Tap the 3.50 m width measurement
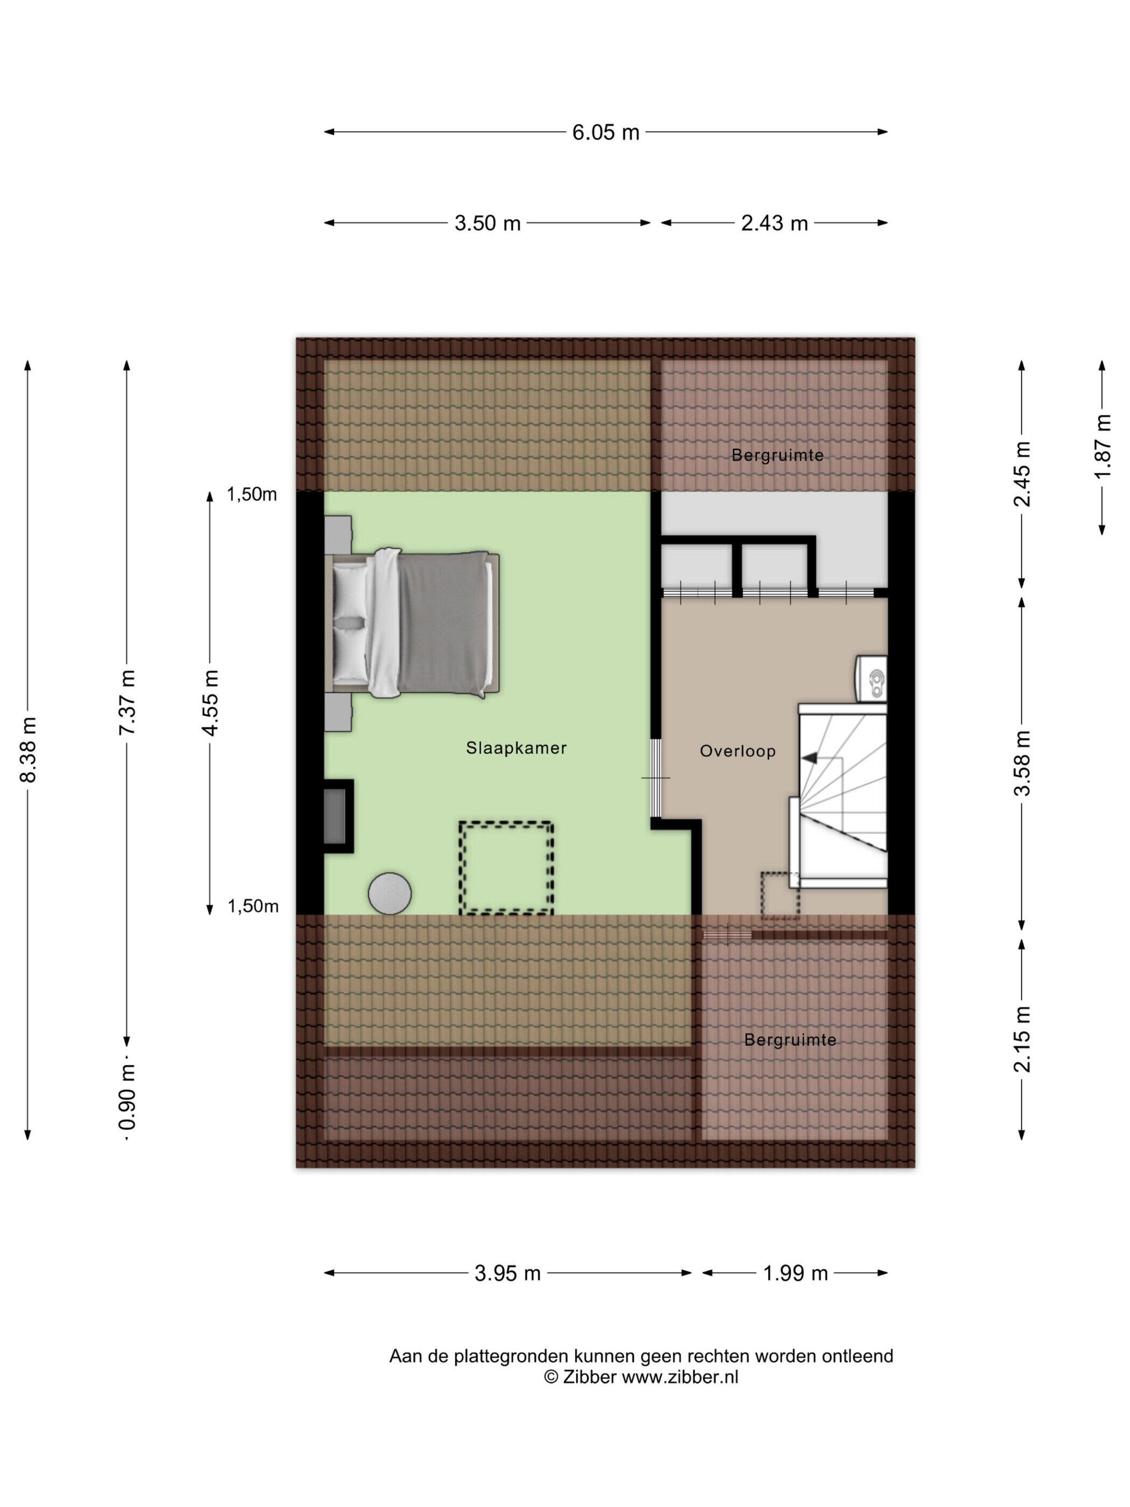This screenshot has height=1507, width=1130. [487, 223]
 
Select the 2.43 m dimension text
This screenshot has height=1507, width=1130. [774, 223]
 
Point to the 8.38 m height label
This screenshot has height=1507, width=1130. [29, 749]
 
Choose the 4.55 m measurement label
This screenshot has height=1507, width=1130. [210, 702]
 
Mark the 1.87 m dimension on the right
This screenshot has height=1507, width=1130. [1102, 446]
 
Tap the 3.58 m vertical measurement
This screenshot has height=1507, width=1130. [1022, 762]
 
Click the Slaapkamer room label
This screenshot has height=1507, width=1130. [516, 748]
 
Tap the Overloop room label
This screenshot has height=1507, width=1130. [738, 751]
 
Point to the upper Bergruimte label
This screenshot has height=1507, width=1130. [777, 455]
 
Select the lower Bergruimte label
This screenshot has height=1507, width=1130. [790, 1040]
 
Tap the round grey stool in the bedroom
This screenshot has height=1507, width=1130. [390, 892]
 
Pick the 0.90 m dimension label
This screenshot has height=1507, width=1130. [128, 1104]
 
